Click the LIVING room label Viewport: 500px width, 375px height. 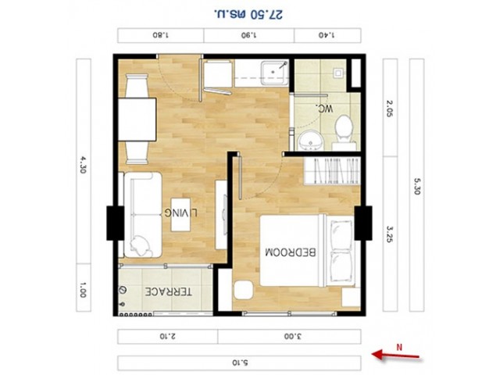(180, 212)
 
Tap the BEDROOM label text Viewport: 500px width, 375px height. (291, 252)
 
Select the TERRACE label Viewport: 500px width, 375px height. (169, 291)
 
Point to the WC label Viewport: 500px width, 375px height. (324, 109)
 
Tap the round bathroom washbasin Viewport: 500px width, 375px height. (311, 141)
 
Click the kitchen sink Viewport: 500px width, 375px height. (274, 73)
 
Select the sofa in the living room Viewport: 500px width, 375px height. (142, 215)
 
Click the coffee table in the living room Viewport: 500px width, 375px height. (180, 215)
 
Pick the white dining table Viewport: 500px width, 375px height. (137, 120)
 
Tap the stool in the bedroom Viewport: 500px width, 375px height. (244, 290)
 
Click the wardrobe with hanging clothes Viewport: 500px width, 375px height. (332, 170)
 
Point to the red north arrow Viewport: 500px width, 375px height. (395, 355)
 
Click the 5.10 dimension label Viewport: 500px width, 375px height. (240, 362)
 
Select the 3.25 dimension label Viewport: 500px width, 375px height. (390, 234)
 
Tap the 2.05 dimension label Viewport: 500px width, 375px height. (390, 109)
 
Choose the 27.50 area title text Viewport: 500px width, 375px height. (248, 14)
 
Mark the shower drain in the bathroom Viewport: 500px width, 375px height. (338, 73)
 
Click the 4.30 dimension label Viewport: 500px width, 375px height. (83, 165)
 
